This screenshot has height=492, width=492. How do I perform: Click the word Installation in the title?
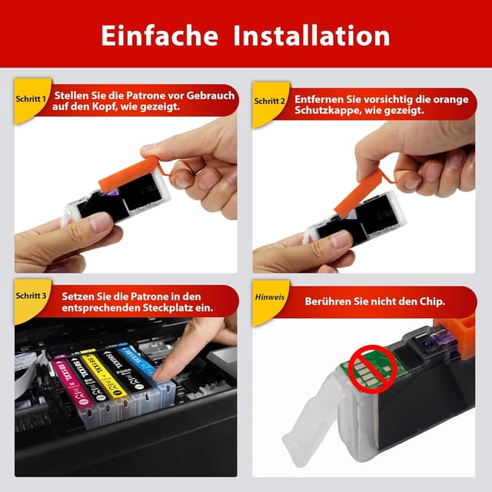coord(311,35)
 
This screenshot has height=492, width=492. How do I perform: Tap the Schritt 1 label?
coord(31,100)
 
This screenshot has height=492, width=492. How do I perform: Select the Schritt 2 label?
coord(270,101)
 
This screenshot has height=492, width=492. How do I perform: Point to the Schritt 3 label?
coord(31,296)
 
